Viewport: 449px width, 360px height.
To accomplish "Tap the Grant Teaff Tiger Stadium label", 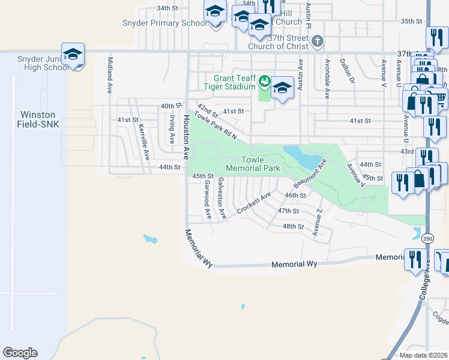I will (x=235, y=82).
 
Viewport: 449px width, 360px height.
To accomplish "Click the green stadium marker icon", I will (x=264, y=80).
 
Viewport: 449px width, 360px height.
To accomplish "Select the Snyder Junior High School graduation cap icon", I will (x=73, y=55).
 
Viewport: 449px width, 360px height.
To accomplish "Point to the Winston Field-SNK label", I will (x=38, y=119).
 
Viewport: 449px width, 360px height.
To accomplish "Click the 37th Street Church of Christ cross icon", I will (x=318, y=42).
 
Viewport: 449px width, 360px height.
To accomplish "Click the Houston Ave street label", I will (x=187, y=137).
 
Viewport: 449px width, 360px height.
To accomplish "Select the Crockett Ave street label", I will (x=253, y=202).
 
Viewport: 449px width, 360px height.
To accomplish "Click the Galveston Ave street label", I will (x=221, y=197).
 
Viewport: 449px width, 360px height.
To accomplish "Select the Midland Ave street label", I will (x=110, y=75).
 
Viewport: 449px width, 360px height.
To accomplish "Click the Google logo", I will (x=20, y=353).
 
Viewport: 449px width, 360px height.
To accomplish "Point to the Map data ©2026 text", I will (x=423, y=355).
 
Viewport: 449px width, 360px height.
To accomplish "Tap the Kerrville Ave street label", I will (x=144, y=143).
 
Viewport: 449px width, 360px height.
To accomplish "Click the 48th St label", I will (x=294, y=226).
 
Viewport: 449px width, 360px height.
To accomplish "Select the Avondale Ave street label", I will (x=327, y=79).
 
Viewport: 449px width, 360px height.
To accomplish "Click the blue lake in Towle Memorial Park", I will (x=302, y=157).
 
